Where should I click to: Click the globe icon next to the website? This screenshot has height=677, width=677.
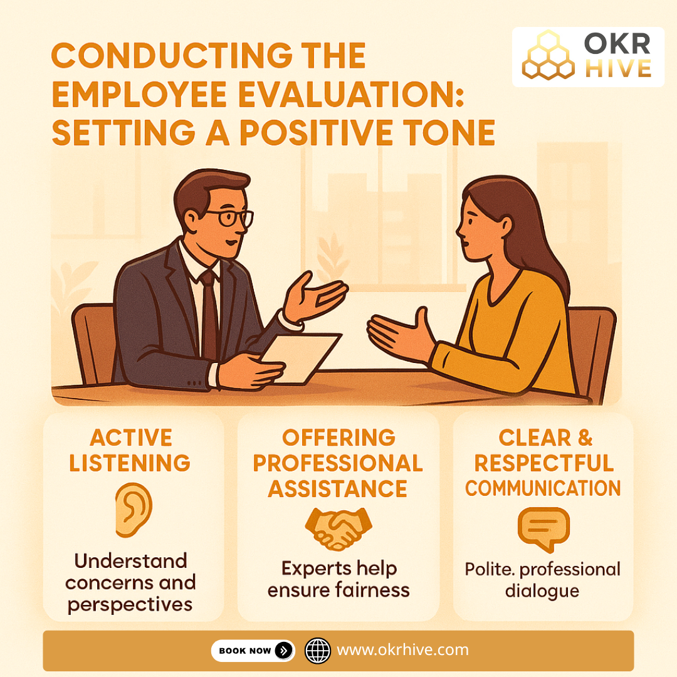317,651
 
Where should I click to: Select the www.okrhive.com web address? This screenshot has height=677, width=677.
402,650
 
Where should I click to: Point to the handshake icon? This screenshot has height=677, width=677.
338,528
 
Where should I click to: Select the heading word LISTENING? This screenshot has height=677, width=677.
130,463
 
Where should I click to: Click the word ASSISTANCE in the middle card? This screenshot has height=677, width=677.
338,488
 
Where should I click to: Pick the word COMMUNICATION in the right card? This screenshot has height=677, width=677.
543,488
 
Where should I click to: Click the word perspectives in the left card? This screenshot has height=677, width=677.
130,604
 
